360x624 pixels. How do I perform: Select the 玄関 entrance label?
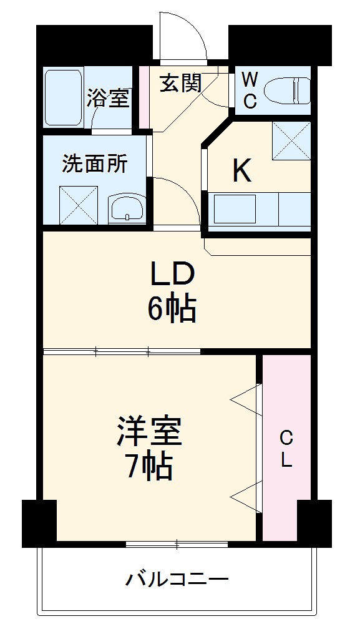point(181,84)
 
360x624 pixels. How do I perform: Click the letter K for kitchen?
point(242,170)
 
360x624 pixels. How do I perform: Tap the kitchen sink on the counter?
point(235,208)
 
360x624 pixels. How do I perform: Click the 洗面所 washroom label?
point(95,163)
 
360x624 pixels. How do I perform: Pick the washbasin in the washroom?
point(127,208)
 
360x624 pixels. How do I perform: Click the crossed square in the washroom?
point(79,204)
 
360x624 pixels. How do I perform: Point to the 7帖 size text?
point(149,466)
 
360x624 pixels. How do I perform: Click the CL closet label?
point(285,448)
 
